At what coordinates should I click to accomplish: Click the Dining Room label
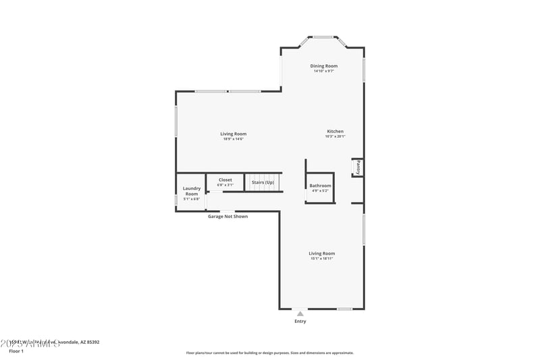click(324, 66)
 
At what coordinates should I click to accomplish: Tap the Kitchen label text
click(335, 131)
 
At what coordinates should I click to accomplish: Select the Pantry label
click(358, 167)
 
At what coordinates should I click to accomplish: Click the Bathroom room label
click(321, 185)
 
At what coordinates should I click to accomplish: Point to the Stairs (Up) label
click(263, 182)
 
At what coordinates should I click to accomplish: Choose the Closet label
click(225, 180)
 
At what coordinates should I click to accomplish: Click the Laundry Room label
click(192, 191)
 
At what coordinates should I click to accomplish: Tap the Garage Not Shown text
click(227, 217)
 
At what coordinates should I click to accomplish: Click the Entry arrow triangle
click(300, 313)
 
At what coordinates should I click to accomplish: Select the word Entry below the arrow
click(300, 322)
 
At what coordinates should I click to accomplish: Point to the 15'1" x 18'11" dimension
click(322, 258)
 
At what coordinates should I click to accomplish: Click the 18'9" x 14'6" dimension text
click(234, 138)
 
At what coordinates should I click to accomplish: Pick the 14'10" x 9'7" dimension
click(324, 71)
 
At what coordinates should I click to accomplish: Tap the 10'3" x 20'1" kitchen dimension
click(335, 136)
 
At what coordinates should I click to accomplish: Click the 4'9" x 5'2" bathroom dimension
click(321, 190)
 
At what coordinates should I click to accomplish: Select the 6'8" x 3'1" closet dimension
click(225, 185)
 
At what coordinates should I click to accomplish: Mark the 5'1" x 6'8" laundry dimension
click(192, 199)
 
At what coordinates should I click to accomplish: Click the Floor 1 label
click(16, 351)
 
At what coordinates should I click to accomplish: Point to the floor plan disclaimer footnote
click(270, 353)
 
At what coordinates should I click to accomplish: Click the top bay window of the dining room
click(323, 37)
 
